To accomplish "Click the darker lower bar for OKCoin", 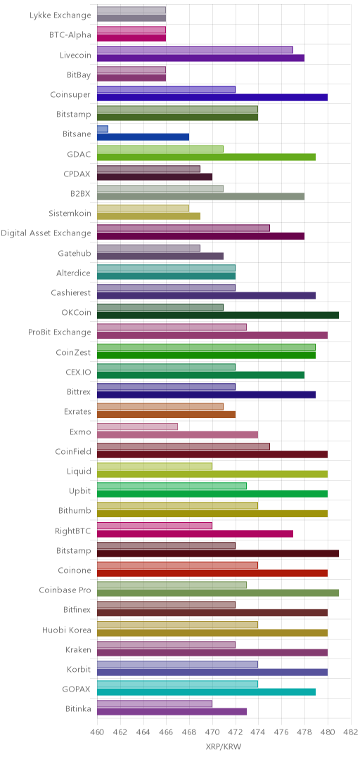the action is point(218,315).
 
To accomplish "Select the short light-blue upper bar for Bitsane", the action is point(103,129).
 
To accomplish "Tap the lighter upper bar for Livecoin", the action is point(195,49).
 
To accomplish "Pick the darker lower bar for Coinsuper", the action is point(212,97).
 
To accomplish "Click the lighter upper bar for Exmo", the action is point(138,427).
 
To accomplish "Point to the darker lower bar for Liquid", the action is point(212,474).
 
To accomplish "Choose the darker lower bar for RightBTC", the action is point(195,533).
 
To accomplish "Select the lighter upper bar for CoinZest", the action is point(207,347).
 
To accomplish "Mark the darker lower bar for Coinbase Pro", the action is point(218,593).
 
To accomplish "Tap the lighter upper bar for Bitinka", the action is point(155,703).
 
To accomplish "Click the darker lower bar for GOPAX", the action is point(207,692).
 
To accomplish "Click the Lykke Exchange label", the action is point(60,15).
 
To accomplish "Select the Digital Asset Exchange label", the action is point(46,233).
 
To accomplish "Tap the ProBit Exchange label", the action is point(60,332).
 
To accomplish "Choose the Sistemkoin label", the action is point(70,213).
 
